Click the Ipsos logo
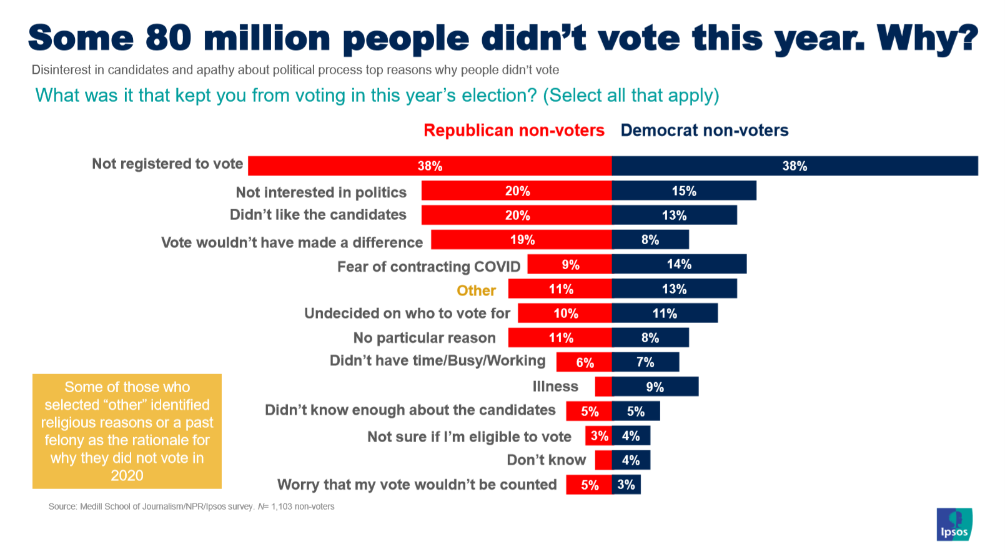[x=954, y=524]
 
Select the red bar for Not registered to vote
[x=430, y=166]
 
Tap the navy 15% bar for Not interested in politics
[x=684, y=191]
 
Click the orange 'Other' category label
[x=476, y=290]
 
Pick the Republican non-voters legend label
[x=514, y=130]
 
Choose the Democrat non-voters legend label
[x=704, y=130]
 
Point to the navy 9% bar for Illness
[x=655, y=387]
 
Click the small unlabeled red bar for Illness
[x=603, y=387]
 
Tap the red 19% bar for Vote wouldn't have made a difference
[x=522, y=240]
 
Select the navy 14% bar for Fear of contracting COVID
[x=679, y=264]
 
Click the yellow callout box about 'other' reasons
[x=127, y=431]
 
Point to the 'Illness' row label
[x=555, y=387]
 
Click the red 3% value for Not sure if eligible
[x=599, y=436]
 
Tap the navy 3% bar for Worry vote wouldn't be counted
[x=626, y=485]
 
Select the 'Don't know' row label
[x=547, y=460]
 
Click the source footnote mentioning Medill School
[x=191, y=507]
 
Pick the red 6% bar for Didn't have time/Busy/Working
[x=585, y=362]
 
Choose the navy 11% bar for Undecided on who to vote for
[x=665, y=314]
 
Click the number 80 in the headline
[x=169, y=38]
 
